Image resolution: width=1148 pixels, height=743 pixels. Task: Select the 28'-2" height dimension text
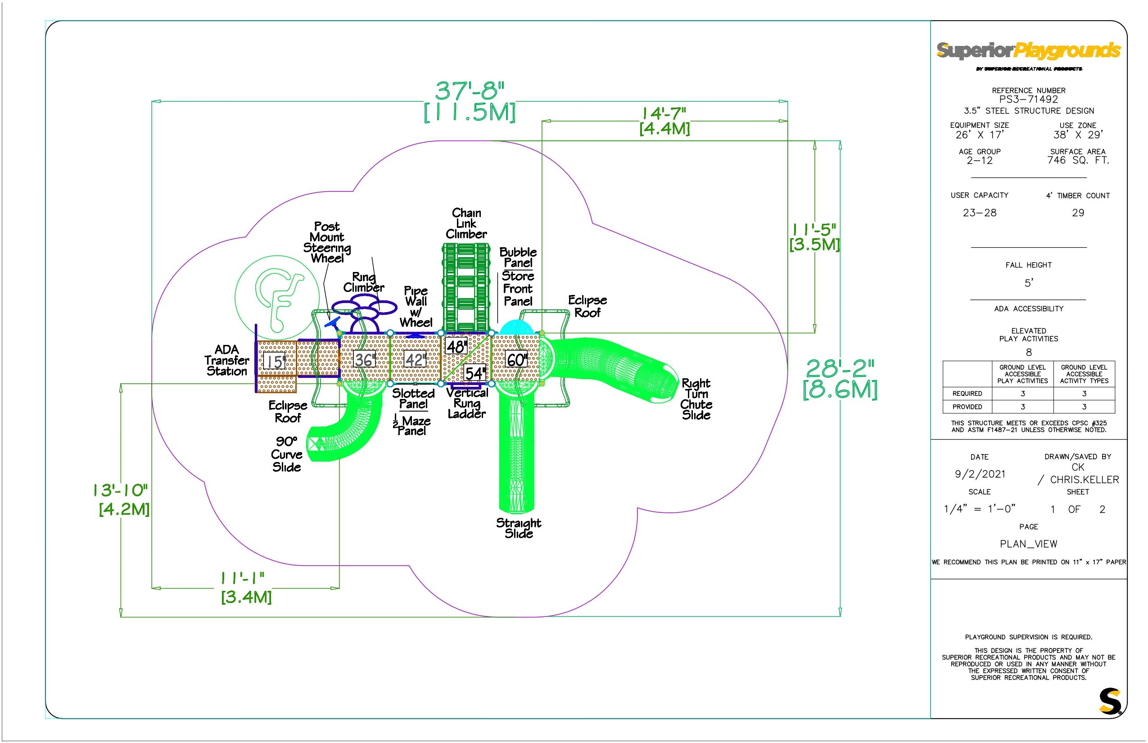(x=840, y=370)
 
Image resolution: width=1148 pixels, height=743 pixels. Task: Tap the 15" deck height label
(x=275, y=361)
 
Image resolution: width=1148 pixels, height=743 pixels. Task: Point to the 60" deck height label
(x=516, y=359)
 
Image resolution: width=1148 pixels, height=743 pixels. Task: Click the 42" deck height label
(x=415, y=360)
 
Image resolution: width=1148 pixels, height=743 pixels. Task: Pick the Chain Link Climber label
(x=466, y=223)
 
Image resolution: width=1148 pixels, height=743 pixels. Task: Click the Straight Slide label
(x=519, y=528)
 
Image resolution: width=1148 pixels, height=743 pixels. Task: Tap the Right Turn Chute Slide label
(x=696, y=399)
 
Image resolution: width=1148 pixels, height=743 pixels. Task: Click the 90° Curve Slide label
(x=286, y=454)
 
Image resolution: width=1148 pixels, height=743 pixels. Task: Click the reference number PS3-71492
(x=1028, y=100)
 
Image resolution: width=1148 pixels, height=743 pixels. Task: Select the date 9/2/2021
(x=980, y=474)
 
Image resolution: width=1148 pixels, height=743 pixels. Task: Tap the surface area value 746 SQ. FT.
(x=1078, y=160)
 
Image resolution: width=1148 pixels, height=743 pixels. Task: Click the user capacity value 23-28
(x=979, y=213)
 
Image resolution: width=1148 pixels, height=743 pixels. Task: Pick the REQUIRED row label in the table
(x=967, y=394)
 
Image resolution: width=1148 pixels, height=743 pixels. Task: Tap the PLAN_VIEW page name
(x=1028, y=544)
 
